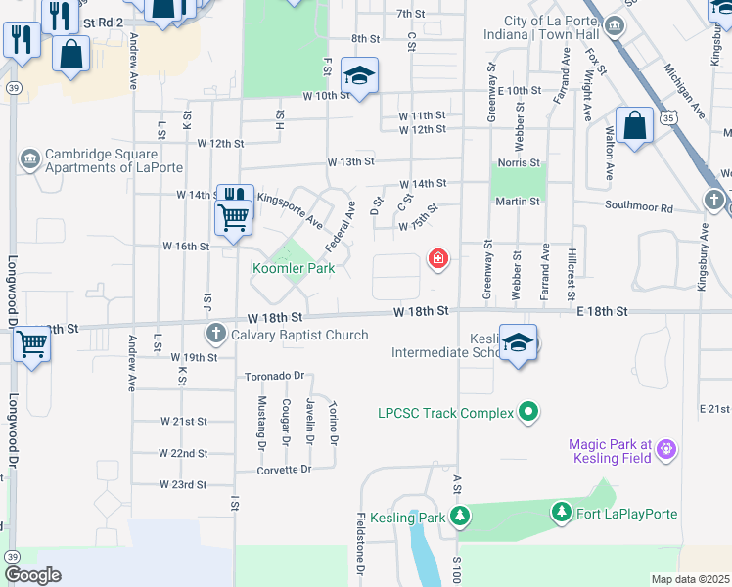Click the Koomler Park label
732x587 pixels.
(x=294, y=268)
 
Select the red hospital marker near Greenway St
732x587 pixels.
(x=437, y=259)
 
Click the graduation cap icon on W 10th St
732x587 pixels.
(x=360, y=76)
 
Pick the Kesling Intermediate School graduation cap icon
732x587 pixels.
(x=519, y=342)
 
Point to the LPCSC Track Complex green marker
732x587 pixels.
(x=528, y=413)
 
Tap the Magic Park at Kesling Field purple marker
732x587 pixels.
(x=667, y=450)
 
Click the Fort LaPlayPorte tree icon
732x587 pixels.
(x=562, y=514)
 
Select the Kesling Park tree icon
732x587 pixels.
(x=457, y=517)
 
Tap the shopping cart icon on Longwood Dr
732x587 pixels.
(x=31, y=344)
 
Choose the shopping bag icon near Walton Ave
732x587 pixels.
(x=635, y=125)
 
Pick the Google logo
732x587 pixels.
(x=33, y=575)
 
